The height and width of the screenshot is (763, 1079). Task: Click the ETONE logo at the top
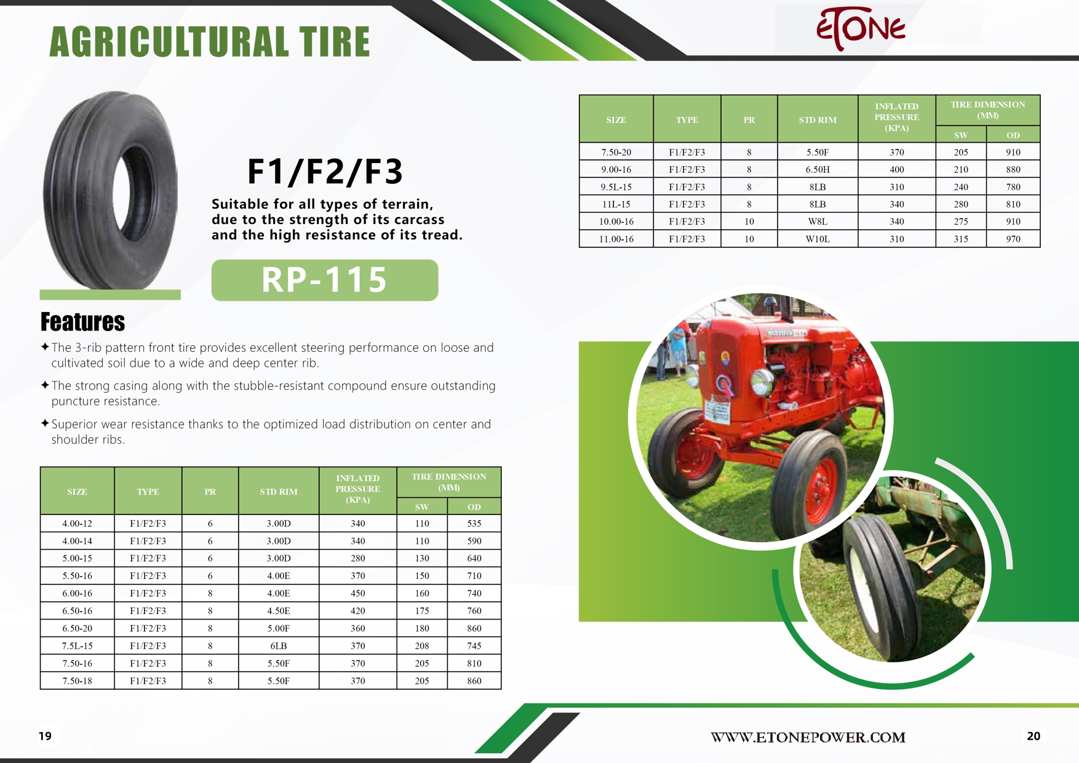[x=861, y=28]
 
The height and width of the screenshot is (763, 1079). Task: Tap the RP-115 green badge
[x=325, y=280]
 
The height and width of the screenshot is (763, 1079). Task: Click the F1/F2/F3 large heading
[x=325, y=172]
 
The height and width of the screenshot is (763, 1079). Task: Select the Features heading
[x=82, y=322]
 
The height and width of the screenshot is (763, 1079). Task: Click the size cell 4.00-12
[x=77, y=524]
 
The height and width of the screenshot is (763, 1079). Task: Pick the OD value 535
[x=474, y=524]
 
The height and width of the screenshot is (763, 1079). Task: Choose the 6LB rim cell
[x=279, y=646]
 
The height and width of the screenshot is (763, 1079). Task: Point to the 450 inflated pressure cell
[x=358, y=593]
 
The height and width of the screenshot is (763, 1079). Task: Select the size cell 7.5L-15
[x=77, y=646]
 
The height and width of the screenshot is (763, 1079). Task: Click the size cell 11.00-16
[x=616, y=239]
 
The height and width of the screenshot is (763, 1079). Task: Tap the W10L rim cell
[x=818, y=239]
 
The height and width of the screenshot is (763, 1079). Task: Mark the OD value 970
[x=1013, y=239]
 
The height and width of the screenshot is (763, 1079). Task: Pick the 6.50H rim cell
[x=818, y=169]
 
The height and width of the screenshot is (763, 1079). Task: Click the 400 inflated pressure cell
[x=897, y=169]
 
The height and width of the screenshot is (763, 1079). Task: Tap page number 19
[x=46, y=736]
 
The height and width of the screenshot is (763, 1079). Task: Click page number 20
[x=1033, y=736]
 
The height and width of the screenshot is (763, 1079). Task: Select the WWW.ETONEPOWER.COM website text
[x=808, y=737]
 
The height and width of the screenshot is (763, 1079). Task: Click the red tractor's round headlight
[x=762, y=383]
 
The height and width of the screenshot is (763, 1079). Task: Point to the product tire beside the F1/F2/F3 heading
[x=110, y=190]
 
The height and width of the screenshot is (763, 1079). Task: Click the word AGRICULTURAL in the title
[x=169, y=42]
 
